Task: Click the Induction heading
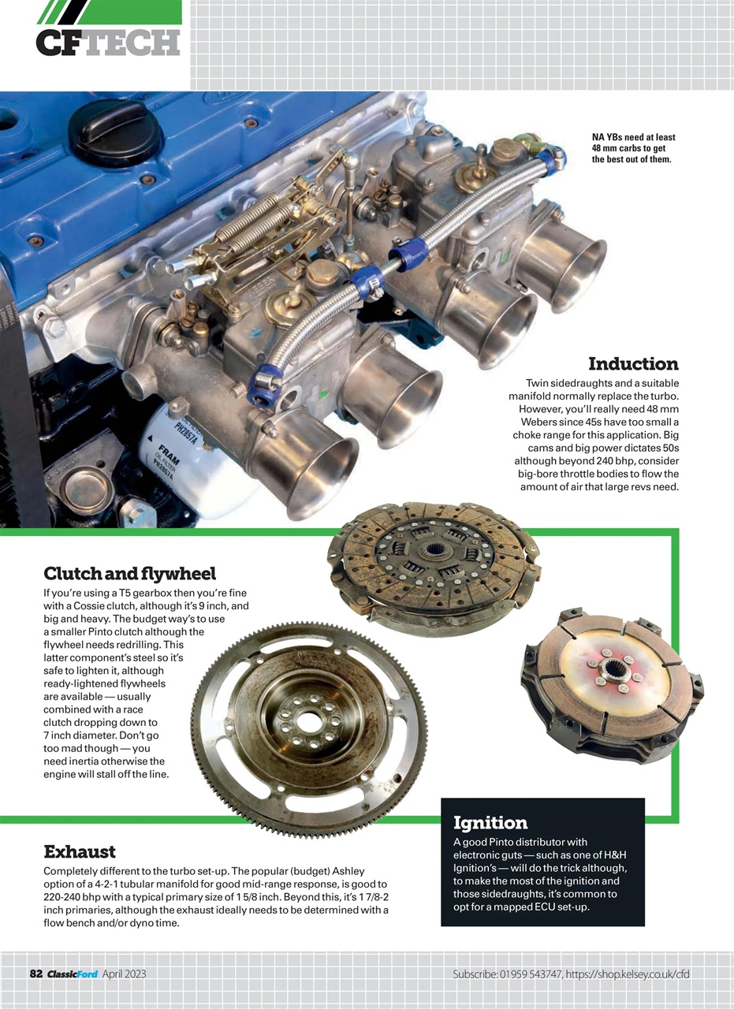pos(632,363)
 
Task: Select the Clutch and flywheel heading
pos(129,573)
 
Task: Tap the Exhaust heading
pos(80,851)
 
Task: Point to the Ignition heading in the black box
pos(490,823)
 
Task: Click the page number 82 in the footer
pos(35,974)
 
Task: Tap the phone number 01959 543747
pos(530,974)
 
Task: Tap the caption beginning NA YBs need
pos(633,148)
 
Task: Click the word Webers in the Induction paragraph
pos(545,422)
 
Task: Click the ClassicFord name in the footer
pos(72,974)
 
